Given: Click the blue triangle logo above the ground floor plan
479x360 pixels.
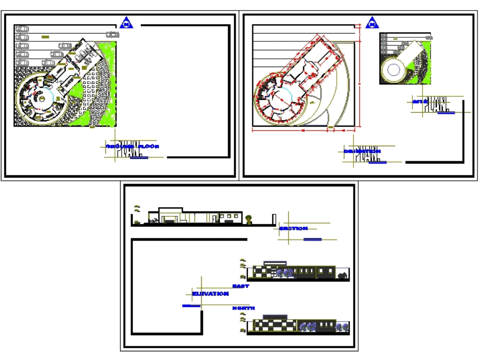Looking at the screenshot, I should click(126, 23).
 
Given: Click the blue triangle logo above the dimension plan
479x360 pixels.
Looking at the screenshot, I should click(372, 23).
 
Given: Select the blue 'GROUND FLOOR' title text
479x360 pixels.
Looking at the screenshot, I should click(132, 146).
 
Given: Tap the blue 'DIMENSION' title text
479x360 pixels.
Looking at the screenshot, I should click(362, 151).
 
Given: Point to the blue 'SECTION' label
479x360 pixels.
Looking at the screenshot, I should click(293, 229).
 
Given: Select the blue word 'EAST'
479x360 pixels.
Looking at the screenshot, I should click(240, 286).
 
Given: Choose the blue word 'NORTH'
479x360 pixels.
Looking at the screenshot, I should click(243, 308).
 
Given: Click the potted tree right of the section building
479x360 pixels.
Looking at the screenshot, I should click(249, 220).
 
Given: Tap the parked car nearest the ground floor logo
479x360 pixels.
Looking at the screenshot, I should click(112, 35).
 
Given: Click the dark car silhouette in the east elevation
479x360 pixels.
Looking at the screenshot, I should click(342, 276).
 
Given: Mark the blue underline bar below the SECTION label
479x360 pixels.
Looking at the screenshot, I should click(312, 239).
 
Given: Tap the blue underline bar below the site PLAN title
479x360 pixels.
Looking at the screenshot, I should click(446, 113).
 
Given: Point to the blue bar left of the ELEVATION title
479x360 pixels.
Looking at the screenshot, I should click(191, 305).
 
